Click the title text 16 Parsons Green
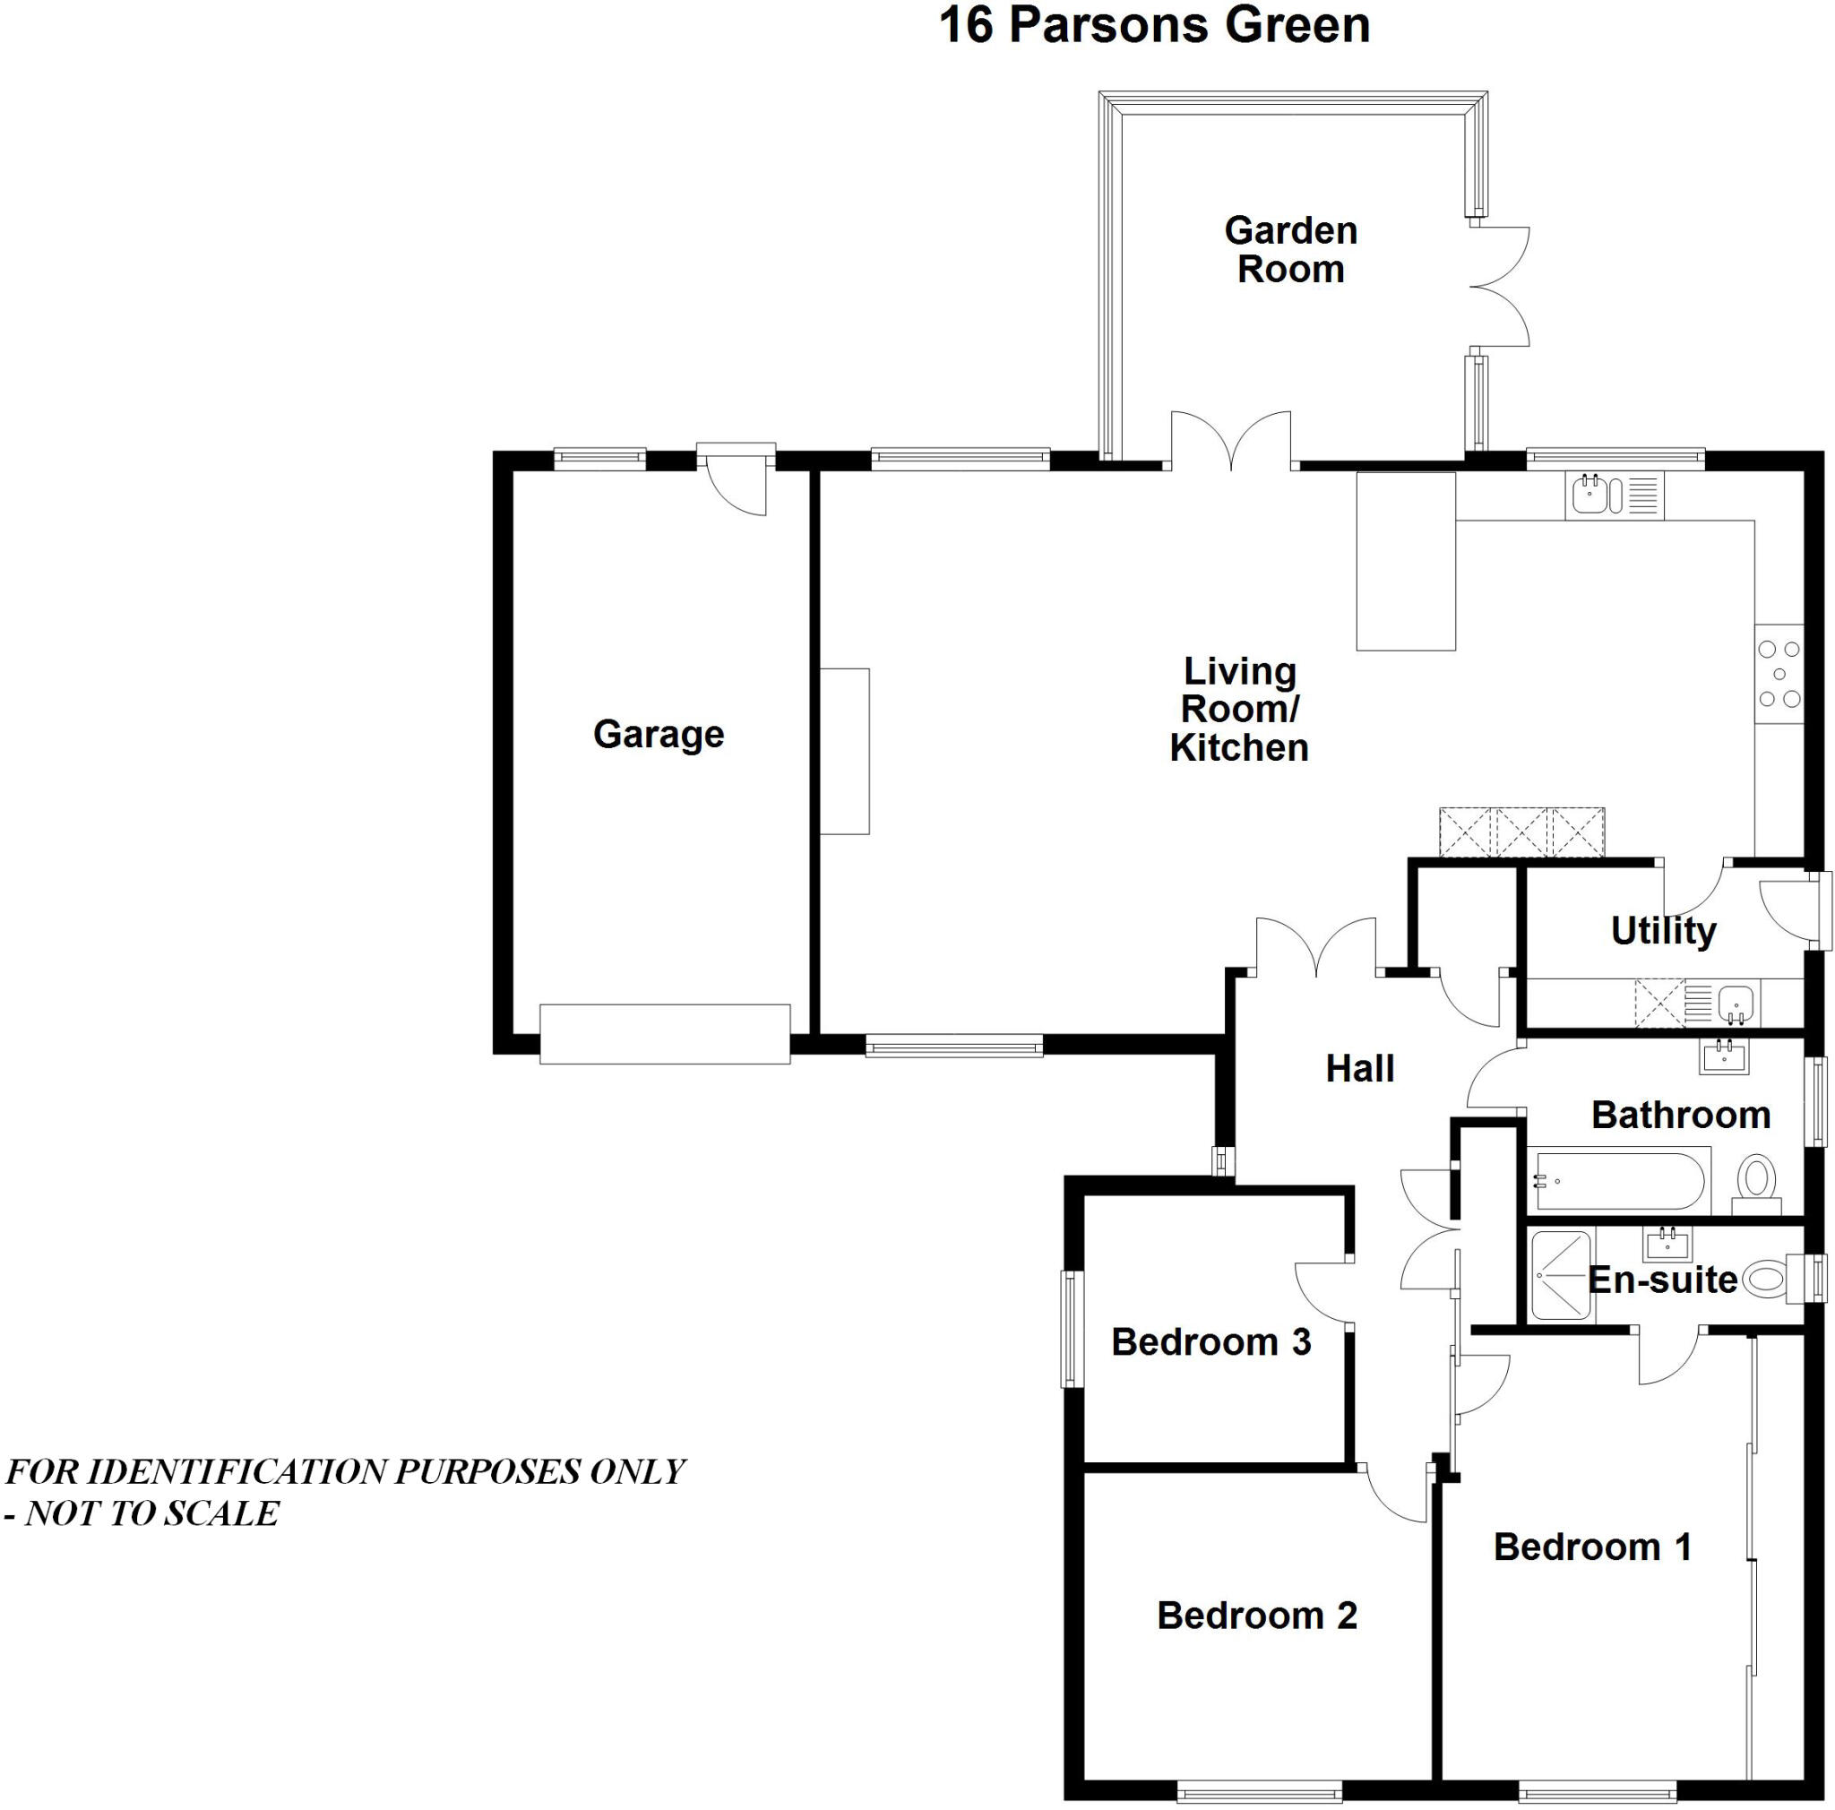click(x=1153, y=26)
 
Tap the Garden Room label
click(x=1290, y=250)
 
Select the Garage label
click(x=659, y=734)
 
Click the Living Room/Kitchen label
click(x=1238, y=710)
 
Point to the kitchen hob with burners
click(x=1778, y=674)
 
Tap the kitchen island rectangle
click(x=1405, y=561)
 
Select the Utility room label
click(x=1663, y=931)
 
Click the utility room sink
click(x=1736, y=1002)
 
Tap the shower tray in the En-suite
click(x=1560, y=1275)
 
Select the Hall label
click(x=1359, y=1069)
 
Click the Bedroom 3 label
click(x=1211, y=1342)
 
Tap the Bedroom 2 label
click(x=1256, y=1616)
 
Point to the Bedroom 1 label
click(x=1593, y=1547)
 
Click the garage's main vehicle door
click(x=665, y=1033)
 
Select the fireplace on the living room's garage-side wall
click(x=844, y=751)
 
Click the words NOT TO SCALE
click(x=152, y=1513)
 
